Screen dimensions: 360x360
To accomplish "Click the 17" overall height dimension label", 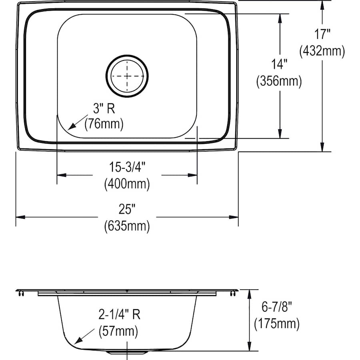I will [x=322, y=34].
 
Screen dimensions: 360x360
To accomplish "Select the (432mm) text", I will [x=322, y=51].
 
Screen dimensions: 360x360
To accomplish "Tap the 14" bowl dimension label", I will [x=279, y=64].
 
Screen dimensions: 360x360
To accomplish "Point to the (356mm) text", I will [x=279, y=81].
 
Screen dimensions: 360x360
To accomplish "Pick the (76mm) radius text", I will [x=104, y=124].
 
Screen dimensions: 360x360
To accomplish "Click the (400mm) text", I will [x=127, y=184].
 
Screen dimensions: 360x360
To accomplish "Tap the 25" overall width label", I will [x=127, y=209].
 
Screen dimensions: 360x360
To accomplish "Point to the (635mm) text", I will [x=127, y=226].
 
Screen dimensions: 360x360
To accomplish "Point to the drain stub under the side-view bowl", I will [x=127, y=352].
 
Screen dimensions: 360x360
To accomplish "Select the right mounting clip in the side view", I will [x=233, y=294].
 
